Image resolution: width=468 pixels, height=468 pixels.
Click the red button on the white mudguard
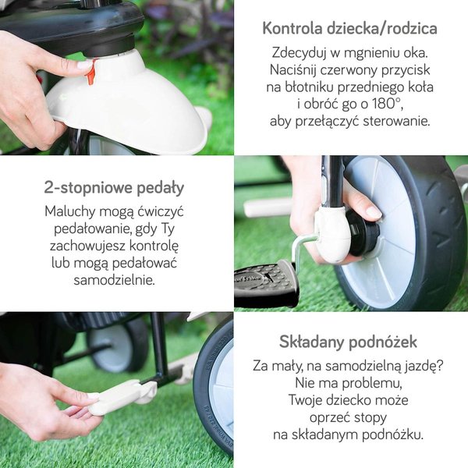[91, 72]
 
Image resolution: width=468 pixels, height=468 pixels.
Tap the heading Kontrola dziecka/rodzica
[349, 29]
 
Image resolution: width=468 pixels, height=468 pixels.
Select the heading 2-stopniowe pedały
[114, 188]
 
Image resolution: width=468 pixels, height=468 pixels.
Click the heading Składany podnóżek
[348, 342]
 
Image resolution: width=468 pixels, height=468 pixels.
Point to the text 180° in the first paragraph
[387, 104]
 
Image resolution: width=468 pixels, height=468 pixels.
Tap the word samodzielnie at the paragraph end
[115, 280]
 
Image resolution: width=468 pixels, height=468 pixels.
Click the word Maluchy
[70, 212]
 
